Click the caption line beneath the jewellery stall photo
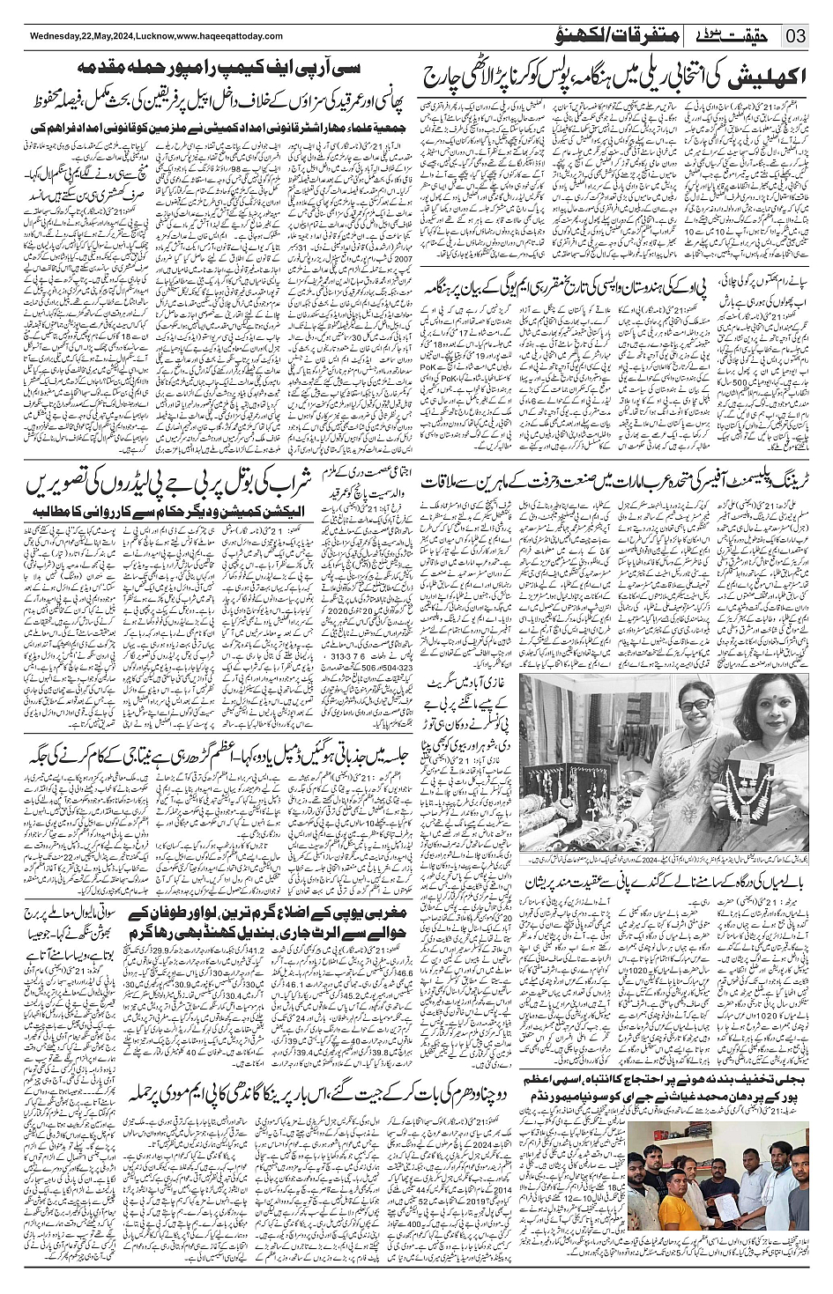point(665,859)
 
